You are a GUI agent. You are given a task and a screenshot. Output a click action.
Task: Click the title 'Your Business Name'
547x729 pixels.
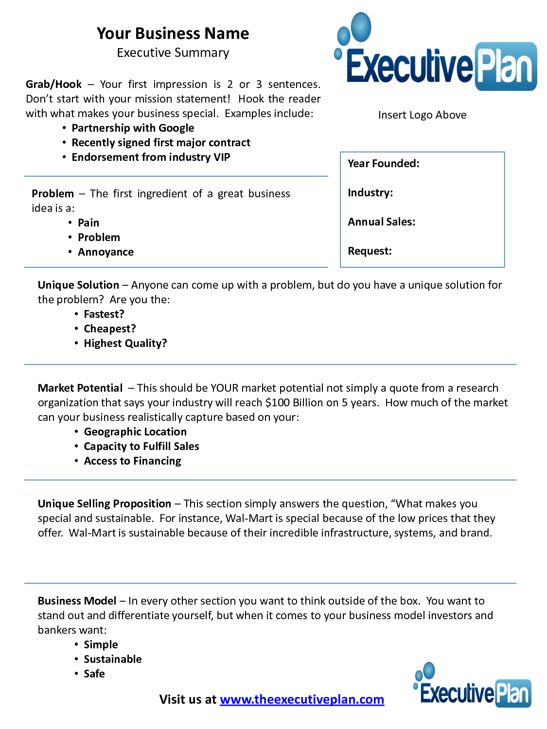click(x=173, y=34)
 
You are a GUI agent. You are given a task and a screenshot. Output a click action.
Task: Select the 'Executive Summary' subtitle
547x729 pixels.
click(x=173, y=53)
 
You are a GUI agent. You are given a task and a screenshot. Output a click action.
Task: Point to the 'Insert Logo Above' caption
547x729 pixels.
click(x=422, y=115)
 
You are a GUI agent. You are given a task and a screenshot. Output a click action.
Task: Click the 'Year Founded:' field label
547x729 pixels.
click(x=383, y=164)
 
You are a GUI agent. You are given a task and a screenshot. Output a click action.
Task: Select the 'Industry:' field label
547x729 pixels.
click(x=370, y=193)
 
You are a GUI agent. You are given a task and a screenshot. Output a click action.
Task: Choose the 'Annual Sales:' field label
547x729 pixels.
click(x=381, y=222)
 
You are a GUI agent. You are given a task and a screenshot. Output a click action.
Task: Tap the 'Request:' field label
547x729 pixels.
click(x=370, y=251)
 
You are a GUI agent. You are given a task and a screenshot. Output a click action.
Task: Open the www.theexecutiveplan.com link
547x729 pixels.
click(x=301, y=700)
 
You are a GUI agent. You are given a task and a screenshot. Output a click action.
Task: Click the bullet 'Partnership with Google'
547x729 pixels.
click(x=133, y=128)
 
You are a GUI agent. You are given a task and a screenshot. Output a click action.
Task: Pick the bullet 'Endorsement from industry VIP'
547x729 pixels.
click(x=151, y=157)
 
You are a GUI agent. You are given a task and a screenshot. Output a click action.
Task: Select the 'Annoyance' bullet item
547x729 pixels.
click(x=106, y=252)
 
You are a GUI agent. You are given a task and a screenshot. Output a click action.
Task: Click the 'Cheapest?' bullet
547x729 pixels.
click(x=110, y=329)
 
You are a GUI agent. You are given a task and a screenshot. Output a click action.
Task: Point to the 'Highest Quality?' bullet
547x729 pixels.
click(x=125, y=344)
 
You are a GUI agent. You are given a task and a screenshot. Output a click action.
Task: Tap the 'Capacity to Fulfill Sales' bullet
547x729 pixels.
click(x=141, y=447)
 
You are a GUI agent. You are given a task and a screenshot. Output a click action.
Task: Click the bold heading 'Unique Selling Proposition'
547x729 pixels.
click(x=104, y=504)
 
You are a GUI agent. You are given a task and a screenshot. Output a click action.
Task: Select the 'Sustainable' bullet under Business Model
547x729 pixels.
click(x=113, y=660)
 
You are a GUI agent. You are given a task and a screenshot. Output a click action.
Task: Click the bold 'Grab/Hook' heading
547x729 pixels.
click(x=53, y=85)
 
